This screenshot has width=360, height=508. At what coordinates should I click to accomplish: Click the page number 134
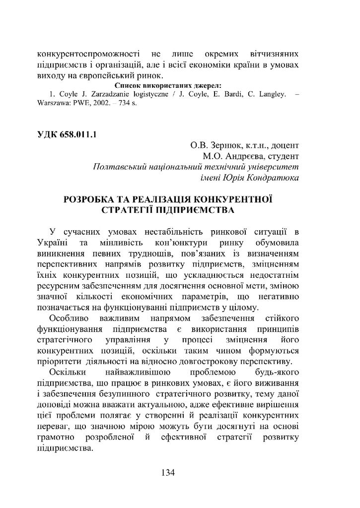(168, 472)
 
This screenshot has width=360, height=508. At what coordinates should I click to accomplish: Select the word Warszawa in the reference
(53, 106)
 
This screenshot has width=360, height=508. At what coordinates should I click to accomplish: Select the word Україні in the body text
(53, 243)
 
